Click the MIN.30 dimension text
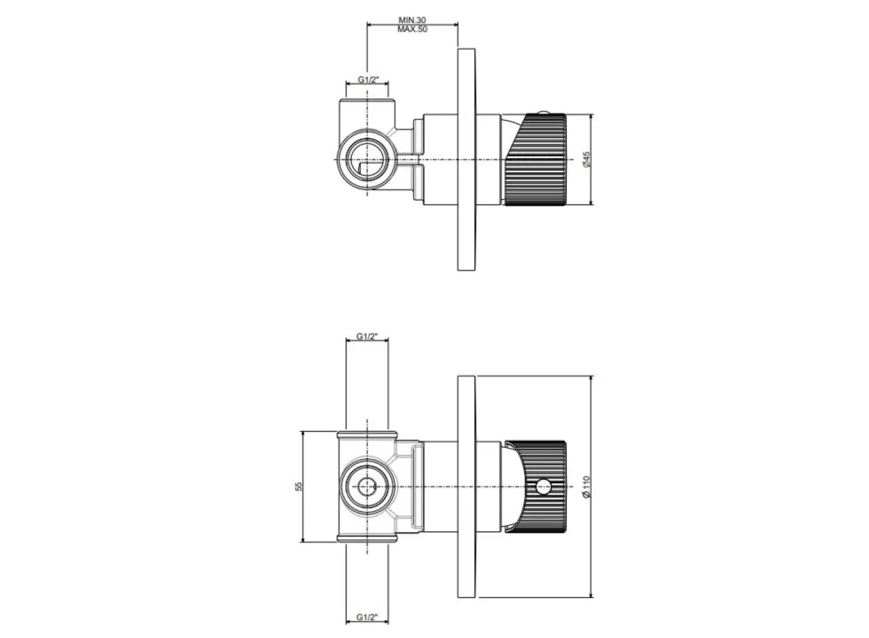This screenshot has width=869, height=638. click(412, 20)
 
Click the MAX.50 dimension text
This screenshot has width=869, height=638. click(412, 29)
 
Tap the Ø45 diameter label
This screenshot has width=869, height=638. click(587, 159)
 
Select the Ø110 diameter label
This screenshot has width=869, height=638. click(587, 487)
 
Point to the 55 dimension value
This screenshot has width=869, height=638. click(299, 486)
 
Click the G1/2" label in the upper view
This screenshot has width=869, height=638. click(368, 80)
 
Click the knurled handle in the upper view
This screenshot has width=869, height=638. click(535, 159)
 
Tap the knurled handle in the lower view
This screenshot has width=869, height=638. click(536, 486)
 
